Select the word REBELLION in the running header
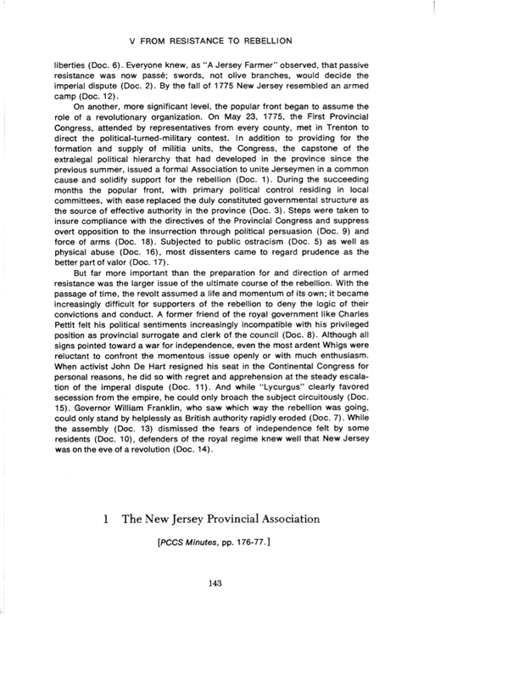click(259, 40)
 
